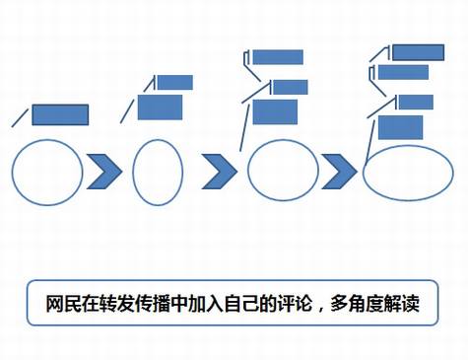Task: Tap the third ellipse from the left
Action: (x=283, y=170)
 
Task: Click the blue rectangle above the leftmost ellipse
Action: (x=61, y=114)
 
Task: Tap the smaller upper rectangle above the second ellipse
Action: (x=174, y=82)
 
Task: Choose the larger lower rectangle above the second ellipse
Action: (x=161, y=107)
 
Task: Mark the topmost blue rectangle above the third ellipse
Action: (x=277, y=57)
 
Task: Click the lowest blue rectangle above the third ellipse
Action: (x=275, y=112)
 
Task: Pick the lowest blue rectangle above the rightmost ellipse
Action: (x=401, y=126)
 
